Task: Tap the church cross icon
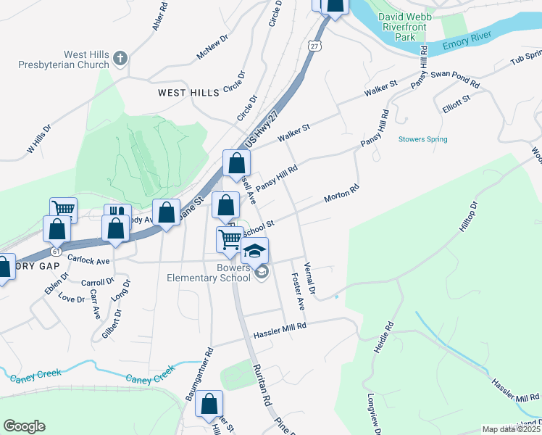[120, 57]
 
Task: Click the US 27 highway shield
[314, 45]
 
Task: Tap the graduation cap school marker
[254, 251]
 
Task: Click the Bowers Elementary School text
[209, 272]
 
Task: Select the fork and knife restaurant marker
[115, 215]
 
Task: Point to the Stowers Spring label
[422, 139]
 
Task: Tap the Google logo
[24, 426]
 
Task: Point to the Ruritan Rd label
[262, 384]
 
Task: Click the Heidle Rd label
[383, 337]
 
